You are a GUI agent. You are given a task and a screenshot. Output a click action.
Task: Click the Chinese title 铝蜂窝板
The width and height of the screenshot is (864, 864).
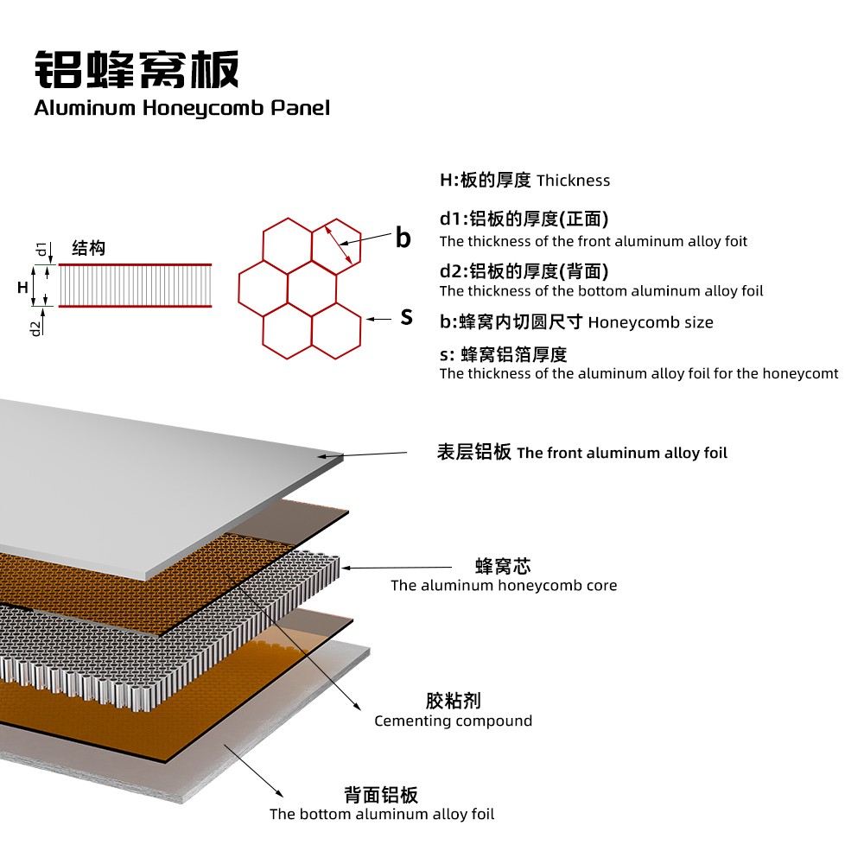click(x=137, y=69)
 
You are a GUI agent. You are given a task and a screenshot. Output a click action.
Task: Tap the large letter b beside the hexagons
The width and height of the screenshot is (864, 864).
click(x=403, y=238)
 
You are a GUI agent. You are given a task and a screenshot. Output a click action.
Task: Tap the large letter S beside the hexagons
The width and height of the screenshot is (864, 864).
click(x=406, y=317)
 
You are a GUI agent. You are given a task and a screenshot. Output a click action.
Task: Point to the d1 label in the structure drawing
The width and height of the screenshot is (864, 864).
click(x=41, y=251)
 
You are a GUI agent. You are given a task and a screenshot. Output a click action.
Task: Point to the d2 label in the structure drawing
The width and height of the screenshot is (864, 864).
click(x=36, y=327)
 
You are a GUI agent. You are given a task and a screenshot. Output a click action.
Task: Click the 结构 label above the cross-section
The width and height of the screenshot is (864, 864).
click(x=88, y=249)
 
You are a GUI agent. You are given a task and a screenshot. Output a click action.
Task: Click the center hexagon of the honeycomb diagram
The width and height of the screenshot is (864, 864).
click(x=311, y=284)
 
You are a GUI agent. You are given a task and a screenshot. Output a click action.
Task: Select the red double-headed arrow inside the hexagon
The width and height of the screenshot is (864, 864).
click(x=338, y=245)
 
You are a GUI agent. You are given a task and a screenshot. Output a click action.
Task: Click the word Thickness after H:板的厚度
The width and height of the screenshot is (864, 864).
click(x=573, y=181)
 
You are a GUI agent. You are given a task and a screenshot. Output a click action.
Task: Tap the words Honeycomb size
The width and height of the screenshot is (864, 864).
click(x=651, y=322)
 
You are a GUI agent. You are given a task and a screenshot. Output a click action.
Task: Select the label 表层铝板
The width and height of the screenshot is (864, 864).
click(x=474, y=452)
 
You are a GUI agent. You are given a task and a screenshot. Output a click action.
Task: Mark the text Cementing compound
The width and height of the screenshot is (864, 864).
click(x=453, y=721)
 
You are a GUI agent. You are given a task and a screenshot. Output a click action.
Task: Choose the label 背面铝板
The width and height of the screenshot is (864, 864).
click(x=381, y=795)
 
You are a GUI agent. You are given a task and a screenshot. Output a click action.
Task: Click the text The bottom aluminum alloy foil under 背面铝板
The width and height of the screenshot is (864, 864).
click(x=381, y=814)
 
